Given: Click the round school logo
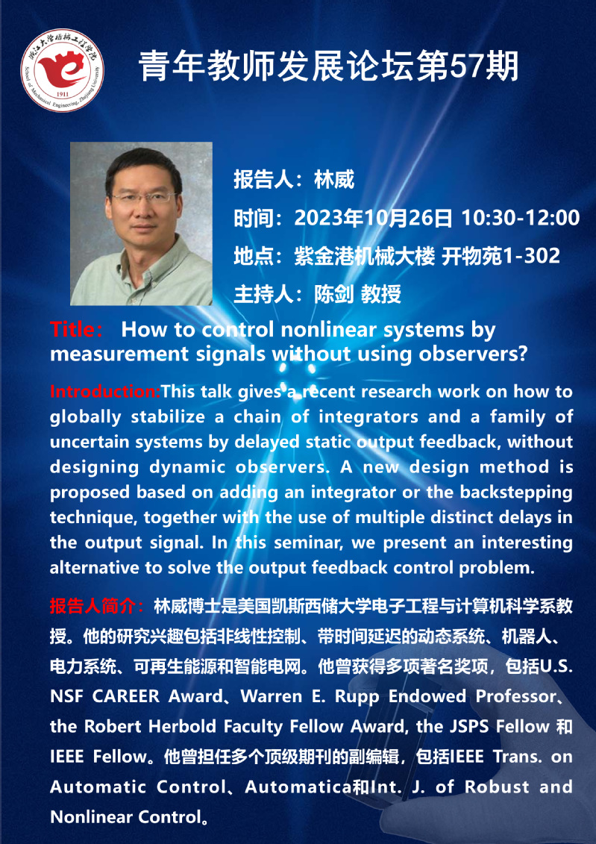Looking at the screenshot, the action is tap(62, 70).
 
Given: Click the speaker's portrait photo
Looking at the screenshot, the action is tap(141, 223).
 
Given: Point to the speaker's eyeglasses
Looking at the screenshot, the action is tap(144, 197).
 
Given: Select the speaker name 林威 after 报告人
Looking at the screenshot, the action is tap(334, 180).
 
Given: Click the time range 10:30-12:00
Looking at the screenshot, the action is tap(520, 217).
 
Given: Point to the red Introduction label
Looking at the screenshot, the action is tap(105, 391).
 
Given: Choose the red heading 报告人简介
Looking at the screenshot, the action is tap(93, 607).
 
